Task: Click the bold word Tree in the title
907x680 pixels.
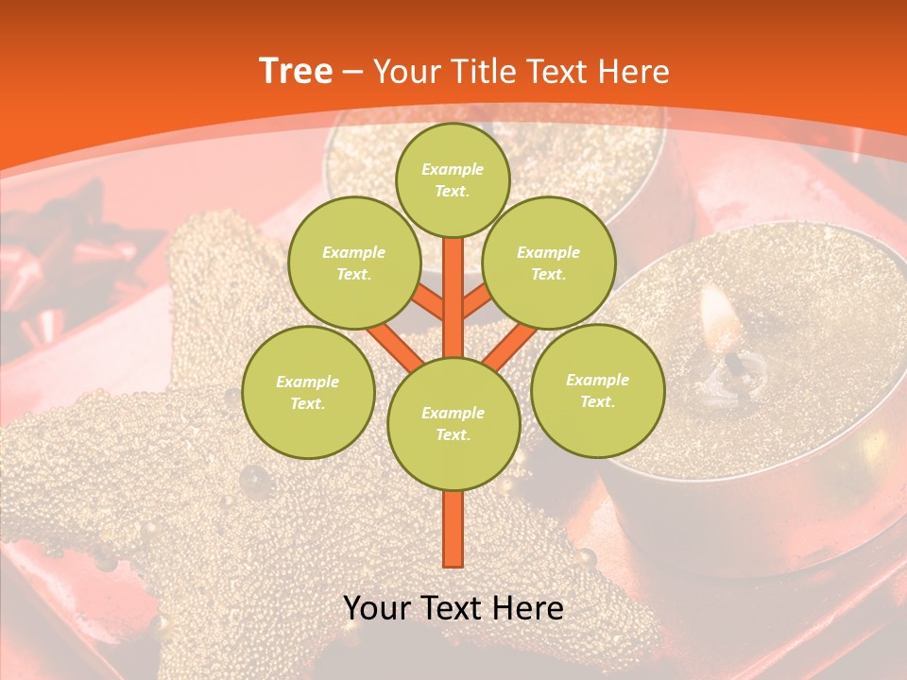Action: pyautogui.click(x=296, y=72)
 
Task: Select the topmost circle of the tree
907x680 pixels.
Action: pyautogui.click(x=453, y=179)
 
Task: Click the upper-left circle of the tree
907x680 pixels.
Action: pyautogui.click(x=353, y=263)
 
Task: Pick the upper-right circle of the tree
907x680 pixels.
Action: pyautogui.click(x=549, y=263)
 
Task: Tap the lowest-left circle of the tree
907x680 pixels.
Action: pyautogui.click(x=308, y=392)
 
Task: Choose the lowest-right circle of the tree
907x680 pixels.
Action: pyautogui.click(x=598, y=390)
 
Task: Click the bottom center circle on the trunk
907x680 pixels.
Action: pyautogui.click(x=453, y=424)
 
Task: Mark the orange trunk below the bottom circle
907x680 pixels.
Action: pyautogui.click(x=453, y=529)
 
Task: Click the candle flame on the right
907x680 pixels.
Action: pyautogui.click(x=718, y=316)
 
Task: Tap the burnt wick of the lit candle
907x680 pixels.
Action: pyautogui.click(x=735, y=364)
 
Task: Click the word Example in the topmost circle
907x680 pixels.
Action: pyautogui.click(x=453, y=169)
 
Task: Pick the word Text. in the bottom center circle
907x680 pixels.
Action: pyautogui.click(x=453, y=435)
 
